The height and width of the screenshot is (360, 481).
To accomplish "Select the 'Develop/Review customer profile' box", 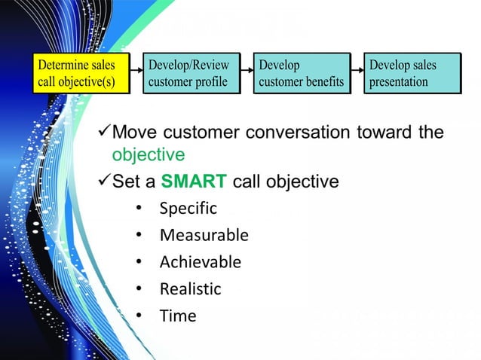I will tap(190, 73).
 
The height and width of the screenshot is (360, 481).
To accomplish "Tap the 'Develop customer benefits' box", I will tap(302, 73).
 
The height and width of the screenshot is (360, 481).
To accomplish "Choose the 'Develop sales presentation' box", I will tap(412, 73).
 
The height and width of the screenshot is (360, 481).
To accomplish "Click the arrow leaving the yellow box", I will tap(136, 74).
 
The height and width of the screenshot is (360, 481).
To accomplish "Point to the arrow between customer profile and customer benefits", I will tap(247, 74).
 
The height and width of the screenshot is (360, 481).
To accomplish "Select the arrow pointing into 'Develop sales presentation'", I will tap(357, 74).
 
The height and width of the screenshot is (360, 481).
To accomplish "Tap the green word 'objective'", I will tap(148, 155).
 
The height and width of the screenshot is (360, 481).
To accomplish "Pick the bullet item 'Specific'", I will tap(188, 209).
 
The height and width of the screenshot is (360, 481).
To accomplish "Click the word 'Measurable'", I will tap(204, 236).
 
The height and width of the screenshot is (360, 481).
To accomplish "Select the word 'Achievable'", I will tap(200, 262).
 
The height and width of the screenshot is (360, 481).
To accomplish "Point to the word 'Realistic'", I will tap(190, 289).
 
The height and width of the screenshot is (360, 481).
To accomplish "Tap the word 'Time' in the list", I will tap(177, 316).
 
